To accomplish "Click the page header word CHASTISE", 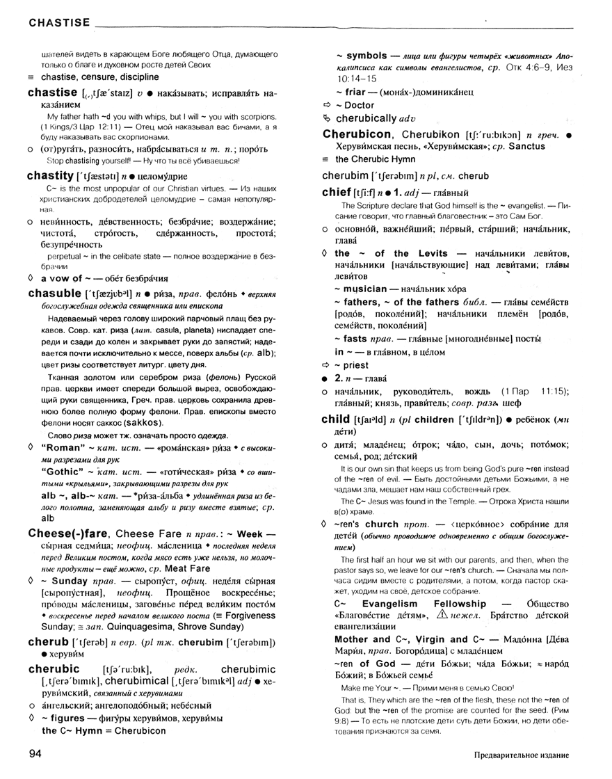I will pyautogui.click(x=59, y=23).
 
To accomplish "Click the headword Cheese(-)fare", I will pyautogui.click(x=69, y=533).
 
